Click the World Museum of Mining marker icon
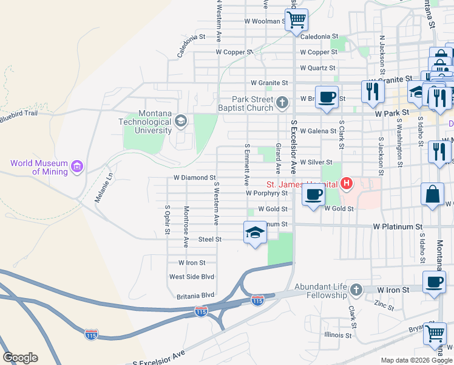tap(76, 166)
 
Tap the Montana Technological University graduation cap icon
tap(180, 121)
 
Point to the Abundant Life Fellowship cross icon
tap(356, 290)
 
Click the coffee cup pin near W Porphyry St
tap(313, 195)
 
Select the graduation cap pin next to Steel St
tap(255, 232)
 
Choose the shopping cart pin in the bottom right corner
tap(435, 333)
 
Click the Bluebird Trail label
tap(19, 113)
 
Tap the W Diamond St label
tap(195, 178)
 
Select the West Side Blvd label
tap(192, 277)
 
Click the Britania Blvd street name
tap(192, 295)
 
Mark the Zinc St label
tap(384, 304)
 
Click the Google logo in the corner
tap(20, 358)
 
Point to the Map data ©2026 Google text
tap(416, 360)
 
